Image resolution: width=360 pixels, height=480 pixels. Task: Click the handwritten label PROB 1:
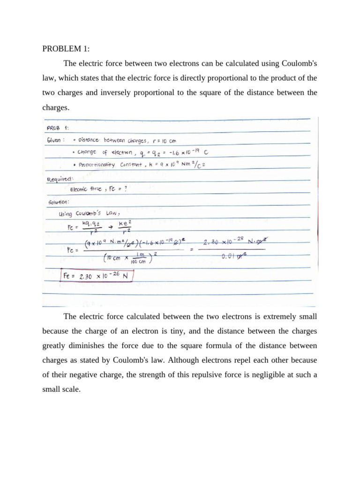(x=57, y=127)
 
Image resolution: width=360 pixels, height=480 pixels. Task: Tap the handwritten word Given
(x=56, y=140)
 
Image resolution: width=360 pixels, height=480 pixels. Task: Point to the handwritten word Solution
(x=59, y=202)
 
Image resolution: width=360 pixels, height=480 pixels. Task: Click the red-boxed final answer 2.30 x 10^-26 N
(x=97, y=276)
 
